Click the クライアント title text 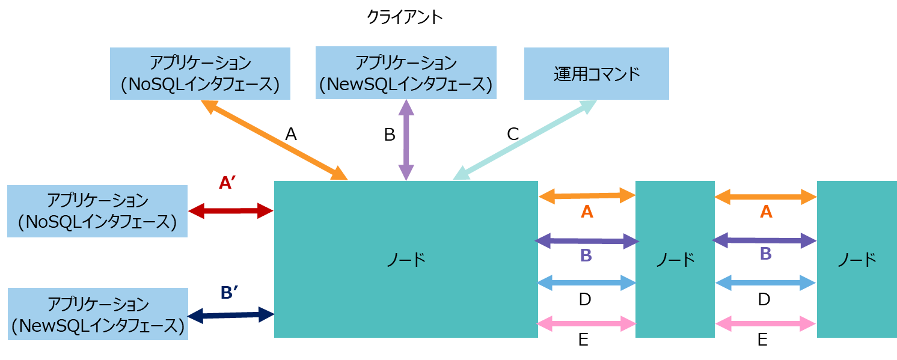404,17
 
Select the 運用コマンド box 596,74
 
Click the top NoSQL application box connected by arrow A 200,74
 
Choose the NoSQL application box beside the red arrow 97,211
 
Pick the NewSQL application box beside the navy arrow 97,314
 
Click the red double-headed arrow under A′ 231,210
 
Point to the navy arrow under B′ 231,314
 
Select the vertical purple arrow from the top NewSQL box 406,139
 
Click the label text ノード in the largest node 405,260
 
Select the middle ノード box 675,260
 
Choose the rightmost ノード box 856,260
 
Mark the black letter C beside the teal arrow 512,134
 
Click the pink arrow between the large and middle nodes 586,325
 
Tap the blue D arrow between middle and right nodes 765,282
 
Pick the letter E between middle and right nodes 762,340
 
